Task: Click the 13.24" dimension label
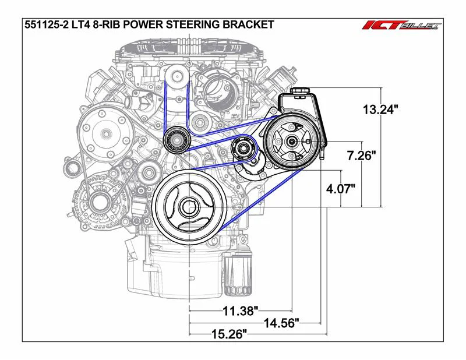pos(380,110)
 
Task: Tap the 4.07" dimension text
pos(341,189)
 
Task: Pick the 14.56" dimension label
pos(281,323)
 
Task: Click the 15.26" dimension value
pos(229,334)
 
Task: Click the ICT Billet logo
pos(401,26)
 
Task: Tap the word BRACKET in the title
pos(248,24)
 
